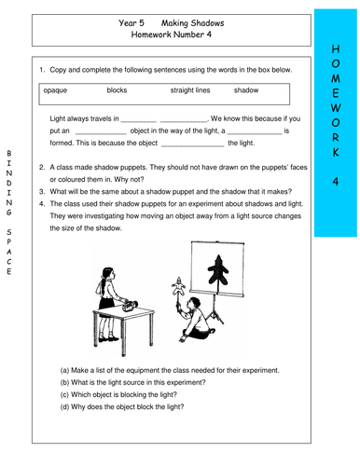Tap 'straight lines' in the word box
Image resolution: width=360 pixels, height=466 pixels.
190,91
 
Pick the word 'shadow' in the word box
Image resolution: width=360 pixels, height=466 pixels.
246,91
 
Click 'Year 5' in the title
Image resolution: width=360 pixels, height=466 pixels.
134,20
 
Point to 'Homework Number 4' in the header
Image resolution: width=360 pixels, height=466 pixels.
173,34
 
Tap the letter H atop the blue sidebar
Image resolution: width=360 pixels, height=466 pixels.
336,48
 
